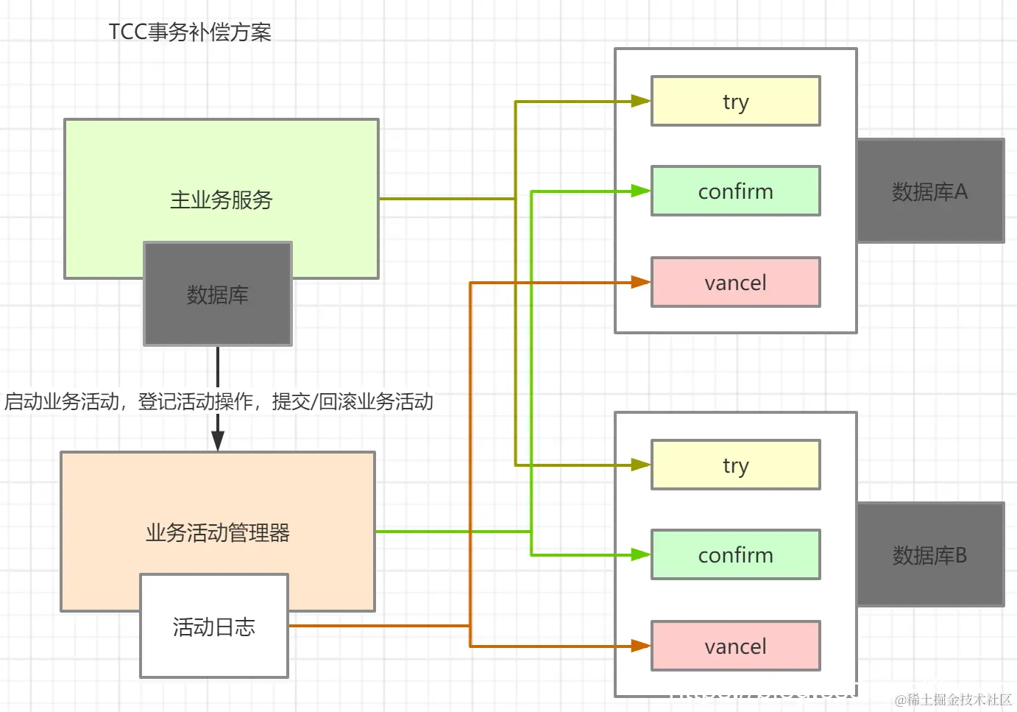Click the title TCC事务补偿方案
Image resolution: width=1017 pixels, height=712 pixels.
tap(190, 32)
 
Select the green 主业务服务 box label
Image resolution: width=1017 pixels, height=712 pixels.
tap(221, 200)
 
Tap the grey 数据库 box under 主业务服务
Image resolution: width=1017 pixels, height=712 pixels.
tap(218, 295)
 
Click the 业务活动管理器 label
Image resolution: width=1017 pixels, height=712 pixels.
tap(218, 532)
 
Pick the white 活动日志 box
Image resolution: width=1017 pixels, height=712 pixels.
tap(214, 627)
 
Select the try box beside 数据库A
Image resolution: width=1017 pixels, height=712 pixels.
tap(735, 102)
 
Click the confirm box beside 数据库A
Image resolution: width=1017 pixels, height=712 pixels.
tap(735, 191)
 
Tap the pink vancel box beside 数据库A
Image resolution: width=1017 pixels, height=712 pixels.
tap(735, 283)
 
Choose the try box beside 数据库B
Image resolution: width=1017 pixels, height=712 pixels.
tap(735, 465)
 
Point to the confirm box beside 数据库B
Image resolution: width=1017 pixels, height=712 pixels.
tap(735, 555)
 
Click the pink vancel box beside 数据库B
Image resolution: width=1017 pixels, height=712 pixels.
tap(735, 646)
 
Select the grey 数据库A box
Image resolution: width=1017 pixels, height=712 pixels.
tap(930, 191)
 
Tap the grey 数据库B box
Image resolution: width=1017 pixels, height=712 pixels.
tap(930, 555)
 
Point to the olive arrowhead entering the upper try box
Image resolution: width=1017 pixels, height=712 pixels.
tap(640, 102)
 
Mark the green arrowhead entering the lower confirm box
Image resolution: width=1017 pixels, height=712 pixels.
tap(640, 555)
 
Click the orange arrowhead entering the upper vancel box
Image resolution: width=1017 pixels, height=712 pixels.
tap(640, 283)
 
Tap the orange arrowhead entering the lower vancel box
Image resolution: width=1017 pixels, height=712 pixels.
tap(640, 646)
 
